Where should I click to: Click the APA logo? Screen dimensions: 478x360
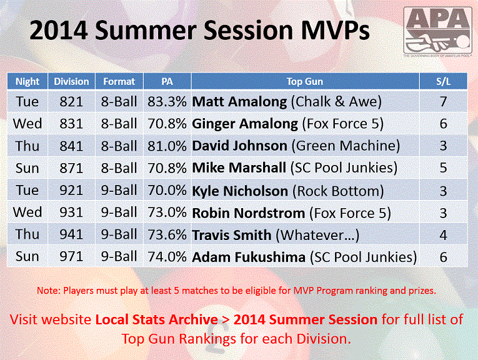[438, 31]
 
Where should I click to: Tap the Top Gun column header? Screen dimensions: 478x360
[304, 81]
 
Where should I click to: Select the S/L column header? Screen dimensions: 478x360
[443, 81]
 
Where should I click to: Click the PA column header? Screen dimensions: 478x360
[167, 81]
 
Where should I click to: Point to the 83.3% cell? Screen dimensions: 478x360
[167, 101]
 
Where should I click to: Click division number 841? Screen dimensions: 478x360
[71, 146]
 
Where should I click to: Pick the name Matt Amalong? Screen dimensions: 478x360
[239, 102]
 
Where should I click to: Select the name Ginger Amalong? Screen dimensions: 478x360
[245, 124]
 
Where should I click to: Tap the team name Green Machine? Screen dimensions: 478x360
[346, 146]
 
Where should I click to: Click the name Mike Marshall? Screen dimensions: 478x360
[239, 167]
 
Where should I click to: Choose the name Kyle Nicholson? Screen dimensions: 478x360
[240, 191]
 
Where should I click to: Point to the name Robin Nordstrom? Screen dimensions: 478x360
[249, 212]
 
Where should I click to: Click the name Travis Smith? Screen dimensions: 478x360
[232, 235]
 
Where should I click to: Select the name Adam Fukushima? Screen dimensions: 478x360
[249, 257]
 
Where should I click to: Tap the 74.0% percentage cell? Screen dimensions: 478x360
[167, 257]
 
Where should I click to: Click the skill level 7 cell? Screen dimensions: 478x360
[443, 101]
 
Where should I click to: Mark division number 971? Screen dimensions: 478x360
[71, 256]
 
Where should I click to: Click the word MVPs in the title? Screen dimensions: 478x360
[336, 31]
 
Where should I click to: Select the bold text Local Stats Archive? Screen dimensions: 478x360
[156, 319]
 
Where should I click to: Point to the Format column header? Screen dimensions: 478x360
[119, 81]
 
